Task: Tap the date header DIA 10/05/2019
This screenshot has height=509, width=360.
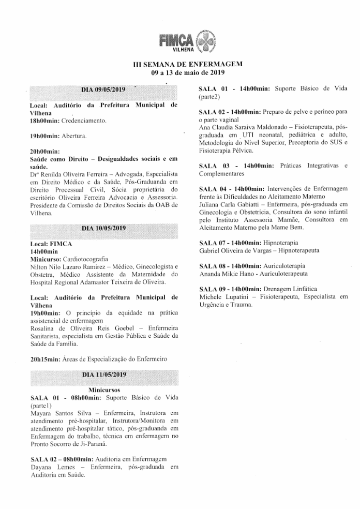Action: pos(104,228)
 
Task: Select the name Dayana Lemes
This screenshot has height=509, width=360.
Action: pos(52,467)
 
